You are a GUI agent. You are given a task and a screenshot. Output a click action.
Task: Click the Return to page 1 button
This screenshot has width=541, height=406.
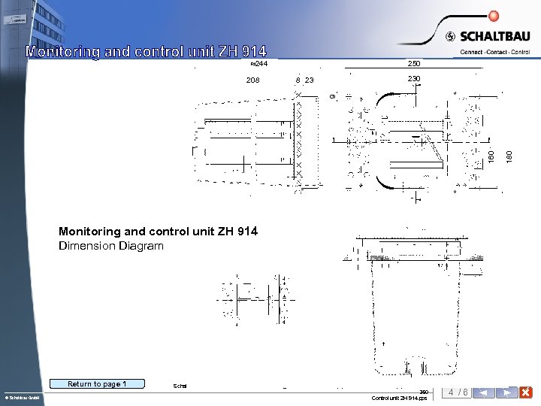point(97,384)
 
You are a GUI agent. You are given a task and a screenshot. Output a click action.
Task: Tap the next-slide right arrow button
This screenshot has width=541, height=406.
point(507,392)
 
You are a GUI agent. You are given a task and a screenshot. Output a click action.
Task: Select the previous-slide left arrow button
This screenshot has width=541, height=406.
point(485,392)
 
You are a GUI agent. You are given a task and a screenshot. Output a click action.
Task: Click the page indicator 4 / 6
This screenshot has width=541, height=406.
point(458,392)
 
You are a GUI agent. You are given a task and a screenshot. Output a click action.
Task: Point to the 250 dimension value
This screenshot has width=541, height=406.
point(414,64)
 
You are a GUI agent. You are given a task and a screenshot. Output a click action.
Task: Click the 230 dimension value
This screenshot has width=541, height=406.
point(414,79)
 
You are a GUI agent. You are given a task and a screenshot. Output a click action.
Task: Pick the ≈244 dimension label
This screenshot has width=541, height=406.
point(258,64)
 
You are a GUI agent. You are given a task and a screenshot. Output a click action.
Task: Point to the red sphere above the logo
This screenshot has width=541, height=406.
point(493,16)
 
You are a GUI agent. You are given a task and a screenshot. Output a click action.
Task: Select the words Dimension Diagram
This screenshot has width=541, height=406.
point(110,246)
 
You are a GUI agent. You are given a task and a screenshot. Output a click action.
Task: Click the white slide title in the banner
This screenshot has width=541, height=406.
point(146,52)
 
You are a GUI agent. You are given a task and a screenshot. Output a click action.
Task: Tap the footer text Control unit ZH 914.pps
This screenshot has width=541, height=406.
point(400,398)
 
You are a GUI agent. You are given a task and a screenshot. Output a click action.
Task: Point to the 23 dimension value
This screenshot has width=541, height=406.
point(310,80)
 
